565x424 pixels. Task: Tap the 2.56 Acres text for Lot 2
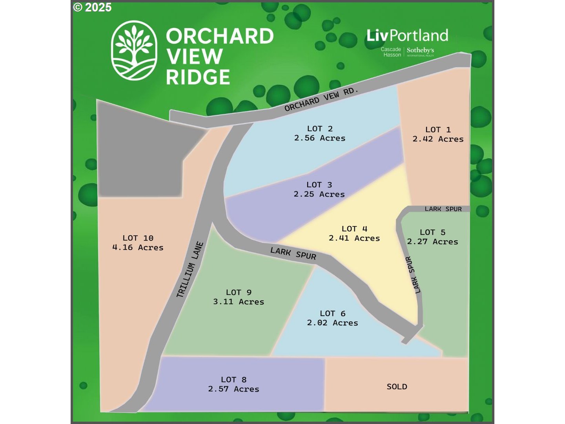(x=320, y=138)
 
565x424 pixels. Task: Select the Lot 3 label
(x=319, y=185)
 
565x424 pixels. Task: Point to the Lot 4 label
(x=354, y=229)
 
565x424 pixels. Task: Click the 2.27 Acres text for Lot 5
(x=432, y=242)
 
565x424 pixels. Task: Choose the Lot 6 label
(x=332, y=313)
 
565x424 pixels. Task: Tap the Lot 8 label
(x=233, y=380)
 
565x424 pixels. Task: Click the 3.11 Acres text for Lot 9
(x=239, y=302)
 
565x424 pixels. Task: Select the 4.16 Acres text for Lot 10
(x=138, y=248)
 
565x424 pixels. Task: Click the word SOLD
(x=397, y=387)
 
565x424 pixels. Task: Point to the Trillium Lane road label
(x=190, y=269)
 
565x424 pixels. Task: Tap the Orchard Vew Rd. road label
(x=321, y=99)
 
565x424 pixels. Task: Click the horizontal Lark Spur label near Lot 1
(x=443, y=209)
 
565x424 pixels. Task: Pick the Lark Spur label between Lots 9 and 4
(x=293, y=254)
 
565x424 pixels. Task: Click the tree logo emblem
(x=134, y=50)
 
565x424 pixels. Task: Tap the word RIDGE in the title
(x=198, y=77)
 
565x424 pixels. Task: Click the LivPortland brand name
(x=407, y=36)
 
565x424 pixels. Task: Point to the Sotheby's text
(x=420, y=51)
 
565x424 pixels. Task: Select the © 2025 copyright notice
(x=93, y=7)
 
